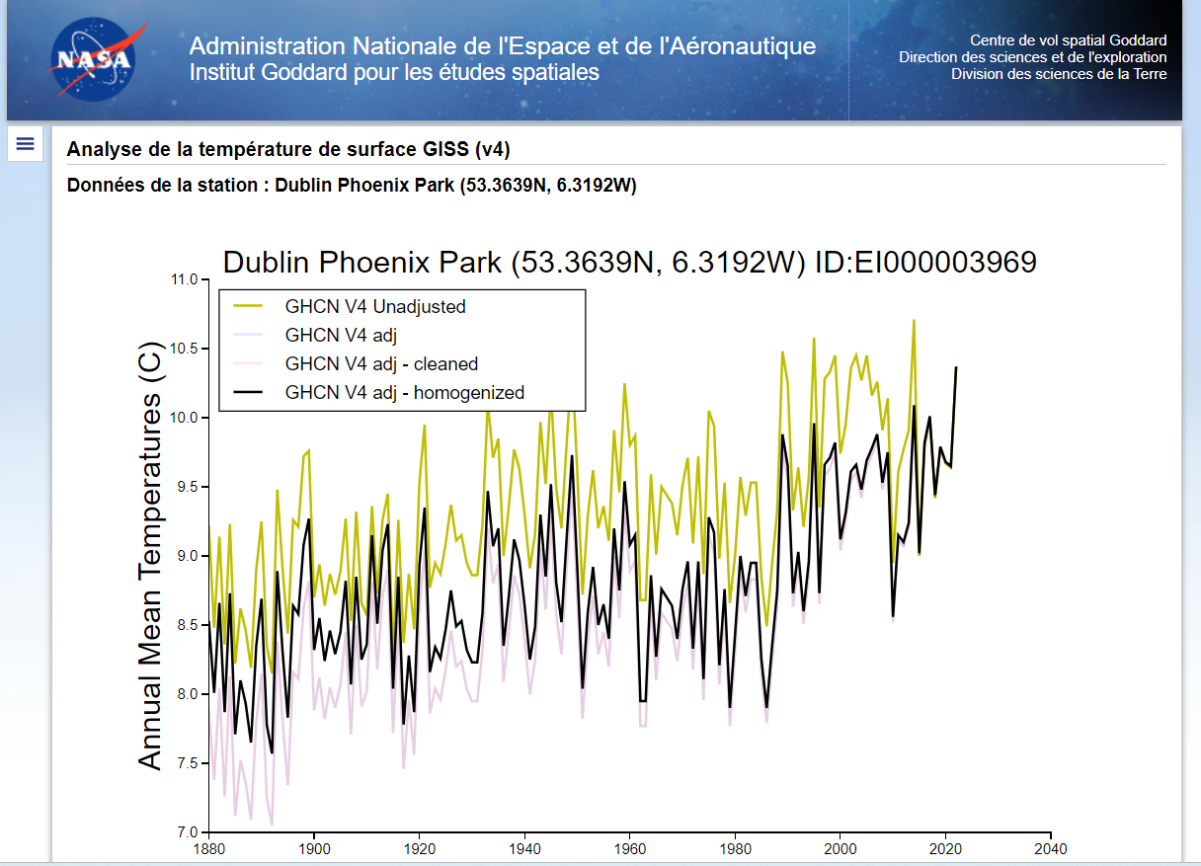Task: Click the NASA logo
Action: pos(92,58)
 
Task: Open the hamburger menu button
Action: pos(26,144)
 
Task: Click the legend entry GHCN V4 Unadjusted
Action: pos(374,306)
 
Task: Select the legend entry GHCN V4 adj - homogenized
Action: pos(404,392)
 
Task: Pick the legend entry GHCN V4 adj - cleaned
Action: pos(381,363)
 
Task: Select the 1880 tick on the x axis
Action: pos(207,848)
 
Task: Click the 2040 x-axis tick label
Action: pos(1051,848)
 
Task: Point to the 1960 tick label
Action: pos(629,848)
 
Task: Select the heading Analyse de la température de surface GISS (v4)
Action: pos(288,150)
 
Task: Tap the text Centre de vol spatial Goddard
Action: pos(1068,40)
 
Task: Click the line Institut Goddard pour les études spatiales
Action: pos(394,72)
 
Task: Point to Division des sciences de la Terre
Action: pos(1059,74)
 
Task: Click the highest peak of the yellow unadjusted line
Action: pos(914,320)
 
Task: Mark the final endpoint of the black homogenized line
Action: pos(956,367)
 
